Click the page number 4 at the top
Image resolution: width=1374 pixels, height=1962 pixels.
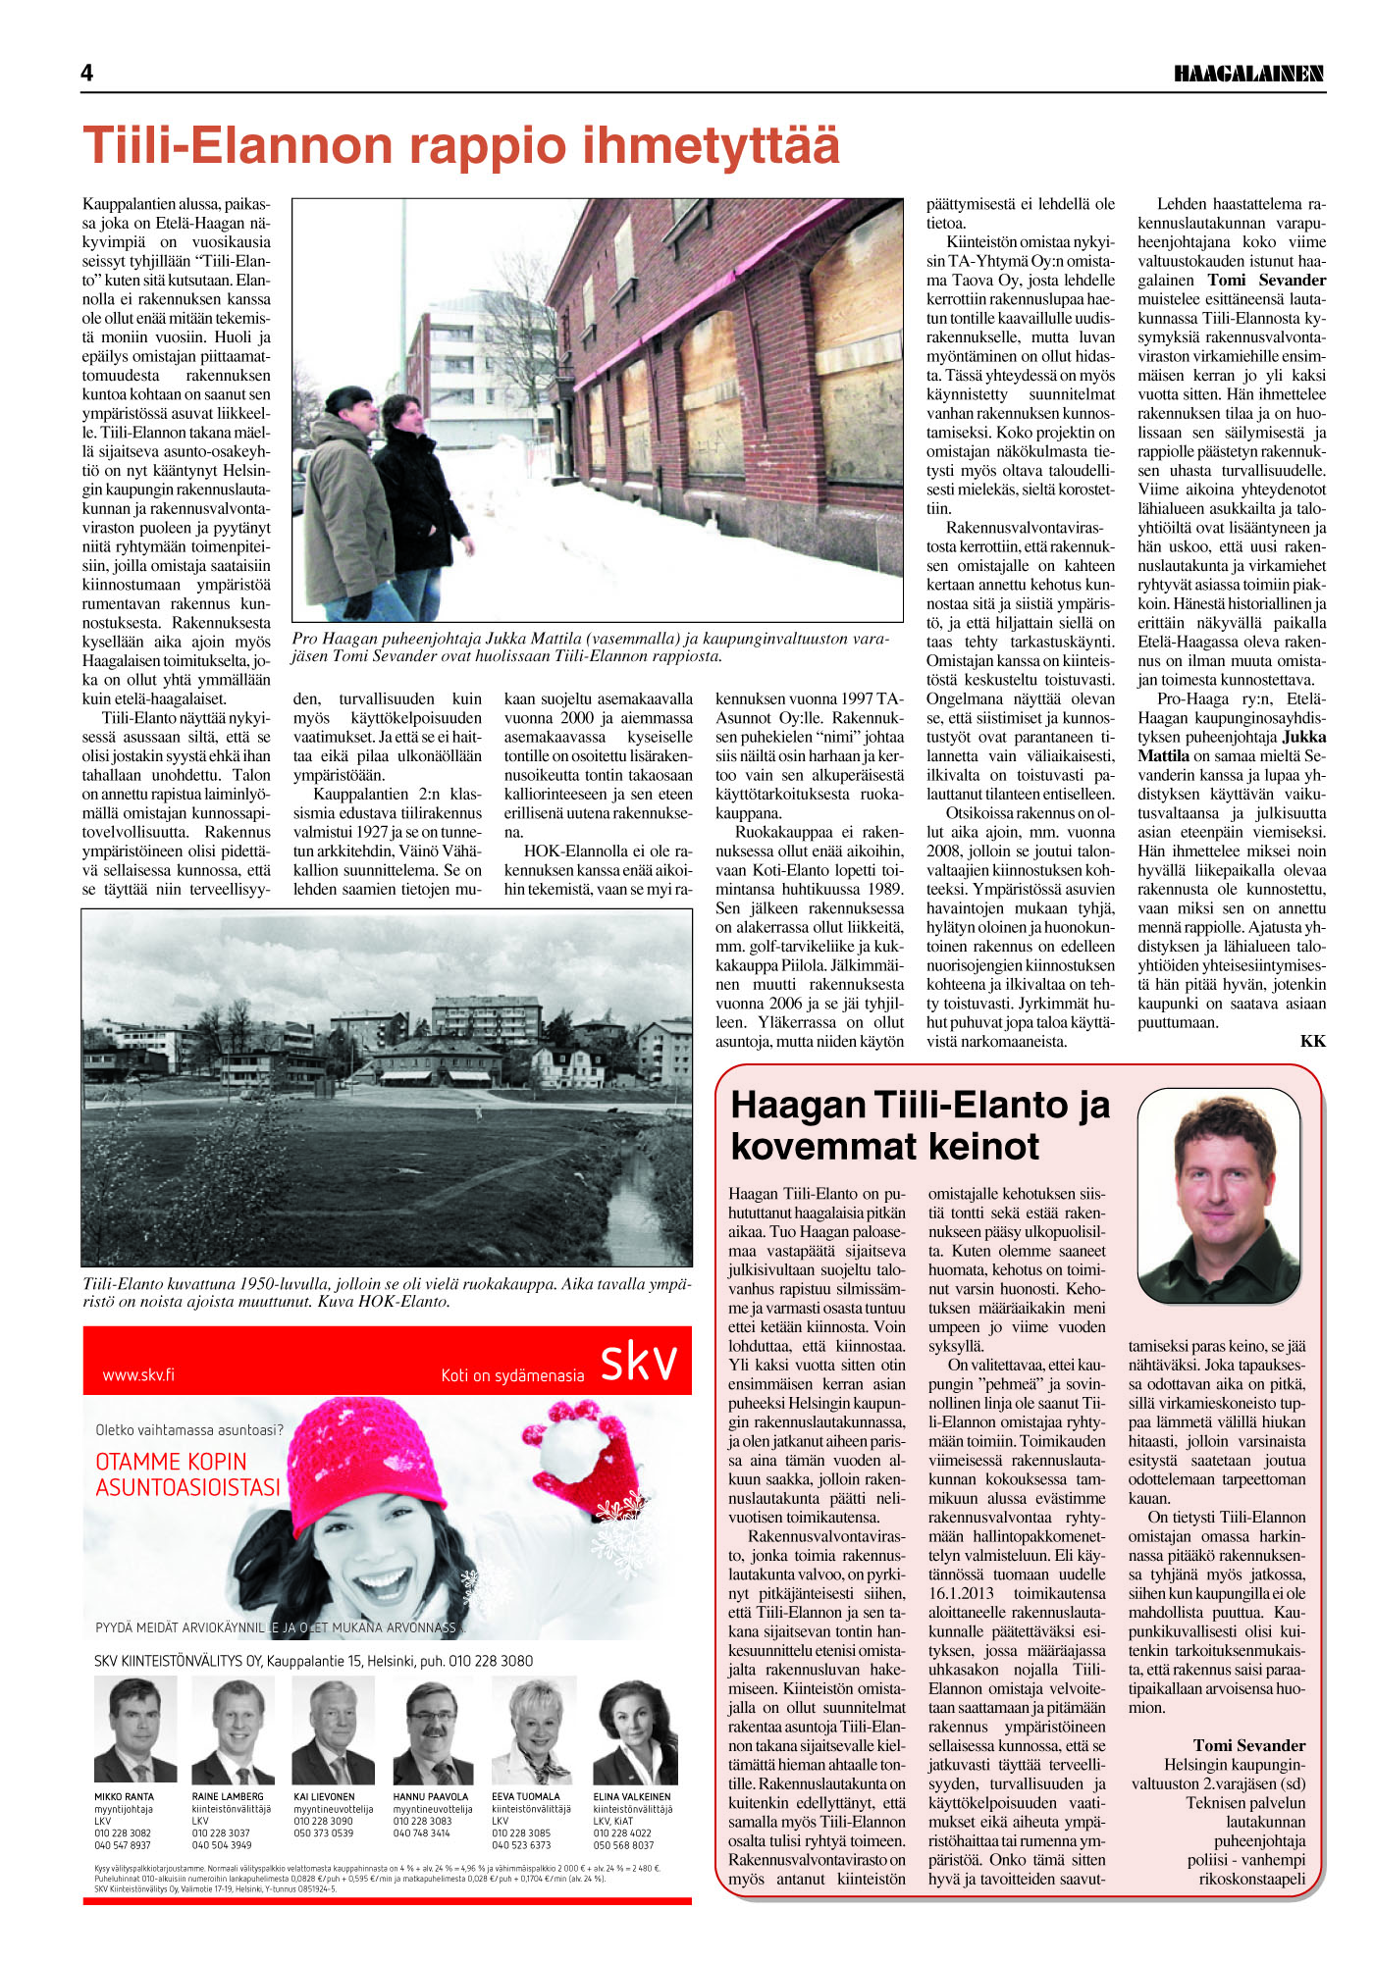tap(87, 73)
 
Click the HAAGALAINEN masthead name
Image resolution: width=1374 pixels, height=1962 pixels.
tap(1248, 74)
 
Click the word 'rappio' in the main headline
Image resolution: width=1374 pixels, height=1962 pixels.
tap(485, 145)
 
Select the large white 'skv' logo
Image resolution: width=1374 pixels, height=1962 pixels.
tap(638, 1362)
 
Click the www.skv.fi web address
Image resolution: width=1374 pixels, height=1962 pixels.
tap(138, 1374)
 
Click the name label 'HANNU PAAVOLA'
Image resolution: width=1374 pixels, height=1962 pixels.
tap(430, 1797)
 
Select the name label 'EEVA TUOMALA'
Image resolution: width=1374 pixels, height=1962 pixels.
tap(526, 1797)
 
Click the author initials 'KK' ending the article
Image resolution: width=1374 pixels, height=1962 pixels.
tap(1312, 1041)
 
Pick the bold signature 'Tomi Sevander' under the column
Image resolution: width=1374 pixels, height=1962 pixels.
tap(1248, 1745)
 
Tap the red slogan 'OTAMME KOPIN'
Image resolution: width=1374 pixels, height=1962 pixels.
tap(171, 1462)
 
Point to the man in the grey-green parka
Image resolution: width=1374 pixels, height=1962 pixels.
tap(348, 500)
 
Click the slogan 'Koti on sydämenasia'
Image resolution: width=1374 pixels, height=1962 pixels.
tap(512, 1375)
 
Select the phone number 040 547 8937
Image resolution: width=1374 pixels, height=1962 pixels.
tap(123, 1845)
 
